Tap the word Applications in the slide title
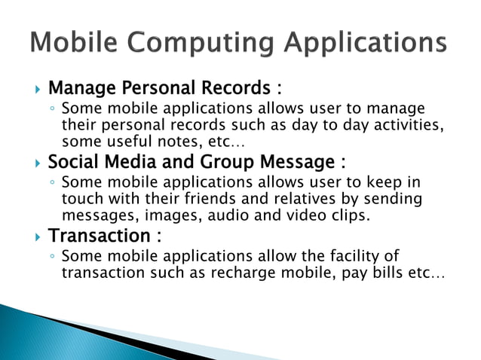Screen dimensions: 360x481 tap(365, 42)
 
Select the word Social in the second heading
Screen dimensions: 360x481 tap(72, 163)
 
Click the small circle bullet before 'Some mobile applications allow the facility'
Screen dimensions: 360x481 tap(51, 258)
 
